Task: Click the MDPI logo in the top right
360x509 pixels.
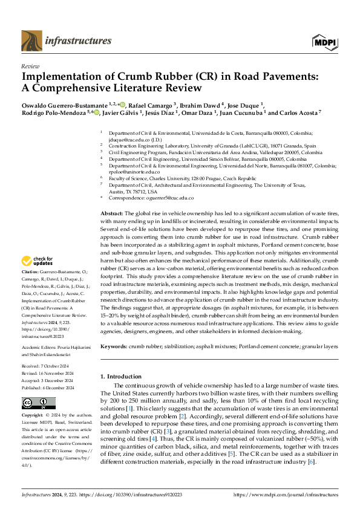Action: tap(324, 41)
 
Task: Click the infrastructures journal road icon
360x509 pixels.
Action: tap(33, 41)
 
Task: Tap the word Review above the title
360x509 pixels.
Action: tap(30, 66)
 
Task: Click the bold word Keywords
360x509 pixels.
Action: tap(114, 346)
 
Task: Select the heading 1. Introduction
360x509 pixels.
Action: tap(125, 377)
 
